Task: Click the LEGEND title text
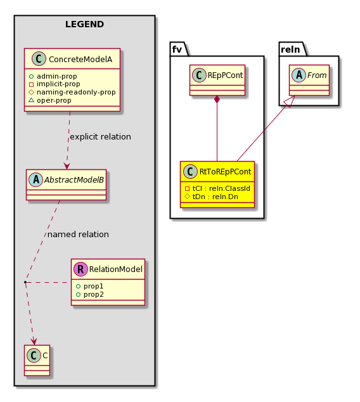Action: pos(84,24)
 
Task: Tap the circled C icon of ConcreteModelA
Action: pos(39,59)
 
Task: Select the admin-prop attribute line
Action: pos(53,76)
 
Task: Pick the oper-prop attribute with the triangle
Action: pos(50,100)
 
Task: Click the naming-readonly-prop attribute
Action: pos(72,92)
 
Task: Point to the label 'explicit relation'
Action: pos(100,137)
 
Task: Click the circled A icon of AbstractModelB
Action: pos(36,179)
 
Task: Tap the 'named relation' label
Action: pos(78,235)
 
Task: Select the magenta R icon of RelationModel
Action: pos(80,269)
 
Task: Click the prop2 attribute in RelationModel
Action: pos(90,294)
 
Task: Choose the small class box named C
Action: pos(37,360)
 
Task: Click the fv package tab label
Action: pos(177,49)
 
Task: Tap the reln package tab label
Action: pos(290,49)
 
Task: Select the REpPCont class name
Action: pos(225,75)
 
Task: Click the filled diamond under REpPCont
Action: pos(217,99)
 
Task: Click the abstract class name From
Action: pos(317,75)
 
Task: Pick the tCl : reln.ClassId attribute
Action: pos(217,188)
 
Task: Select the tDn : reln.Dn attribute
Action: pos(212,197)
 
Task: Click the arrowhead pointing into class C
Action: pos(34,342)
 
